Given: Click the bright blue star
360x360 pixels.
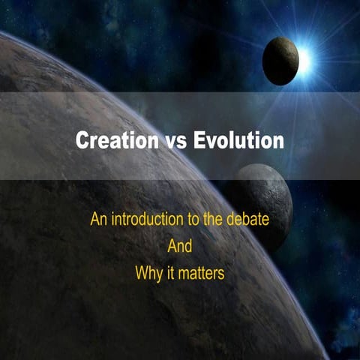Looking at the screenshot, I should coord(303,61).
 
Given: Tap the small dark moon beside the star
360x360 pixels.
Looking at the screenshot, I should coord(281,61).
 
